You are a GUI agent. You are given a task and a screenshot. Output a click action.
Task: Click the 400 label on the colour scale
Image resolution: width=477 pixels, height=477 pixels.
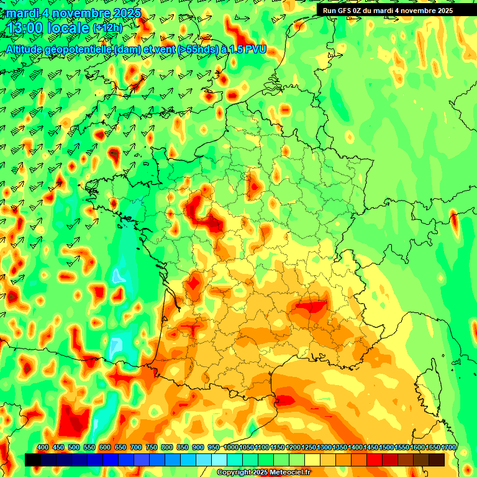(x=43, y=447)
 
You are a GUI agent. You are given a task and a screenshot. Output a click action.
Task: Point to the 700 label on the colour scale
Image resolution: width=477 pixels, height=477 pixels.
(x=136, y=447)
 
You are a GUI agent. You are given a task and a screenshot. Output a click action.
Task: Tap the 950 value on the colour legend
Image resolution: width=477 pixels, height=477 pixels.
(x=214, y=447)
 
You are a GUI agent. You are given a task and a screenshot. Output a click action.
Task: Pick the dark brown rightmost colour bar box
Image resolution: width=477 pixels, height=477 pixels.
(x=437, y=460)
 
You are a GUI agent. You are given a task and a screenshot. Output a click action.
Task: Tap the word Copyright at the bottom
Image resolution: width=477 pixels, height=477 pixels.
(x=233, y=472)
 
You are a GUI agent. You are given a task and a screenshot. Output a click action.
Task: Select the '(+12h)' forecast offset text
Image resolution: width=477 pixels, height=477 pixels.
(x=107, y=28)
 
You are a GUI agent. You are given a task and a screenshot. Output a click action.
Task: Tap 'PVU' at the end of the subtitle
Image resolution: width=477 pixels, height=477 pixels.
(x=255, y=49)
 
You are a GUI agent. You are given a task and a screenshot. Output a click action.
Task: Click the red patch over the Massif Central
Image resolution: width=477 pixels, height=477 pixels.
(x=311, y=306)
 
